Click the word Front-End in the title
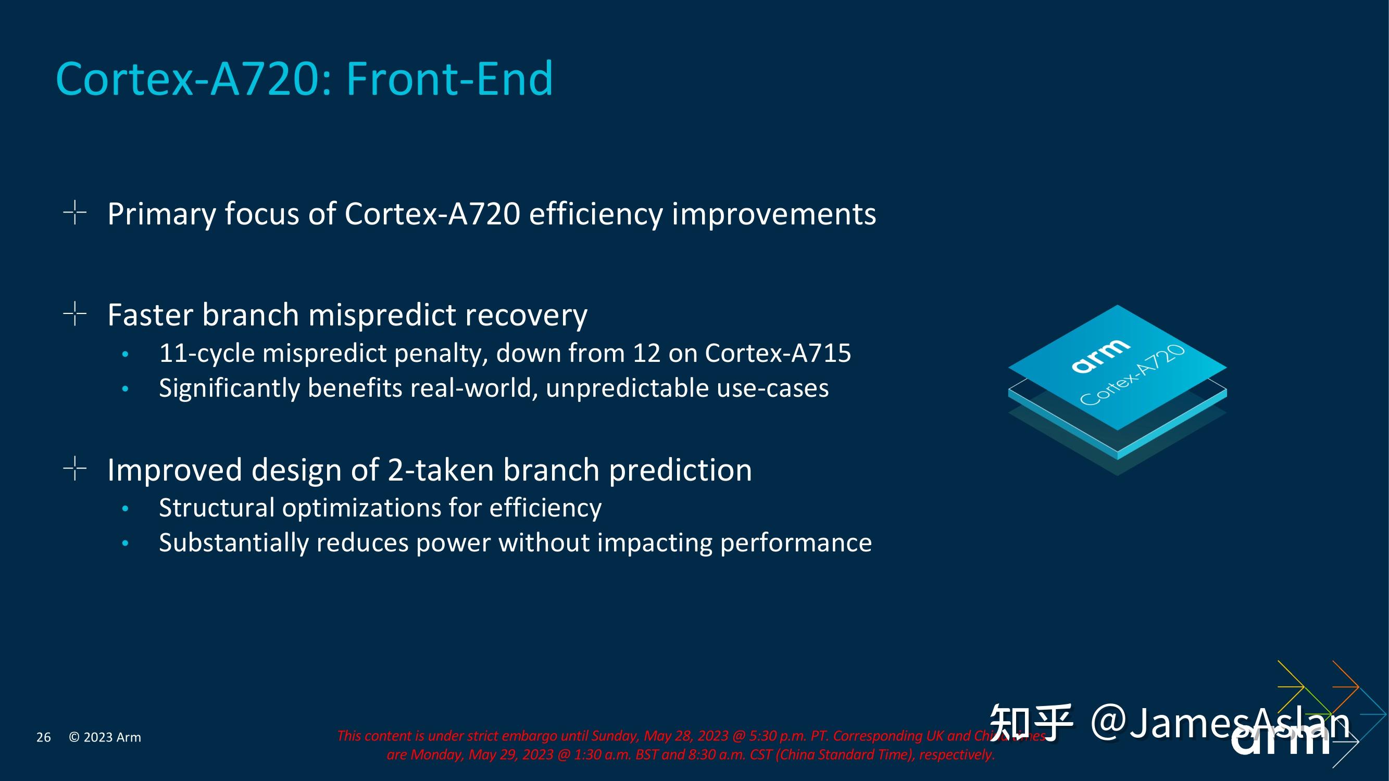point(449,79)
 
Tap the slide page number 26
point(43,737)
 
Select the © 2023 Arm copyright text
point(105,737)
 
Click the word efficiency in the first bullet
point(595,214)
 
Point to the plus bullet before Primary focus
point(74,212)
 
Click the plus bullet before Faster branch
point(74,313)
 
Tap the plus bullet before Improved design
point(74,469)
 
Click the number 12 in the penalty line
point(646,353)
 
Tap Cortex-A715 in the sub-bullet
point(778,353)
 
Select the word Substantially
point(233,543)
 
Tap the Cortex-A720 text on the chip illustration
point(1132,376)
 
